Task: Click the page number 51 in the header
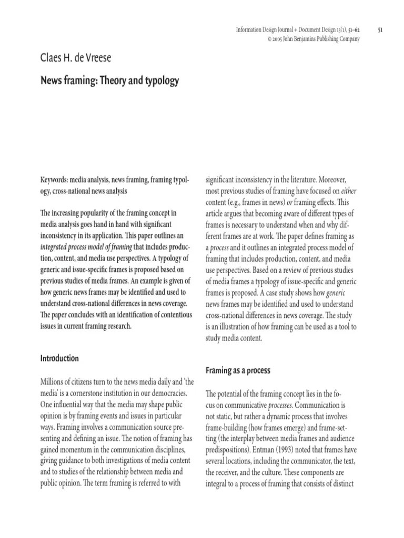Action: click(380, 30)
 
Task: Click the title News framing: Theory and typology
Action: click(109, 81)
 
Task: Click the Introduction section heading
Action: click(59, 358)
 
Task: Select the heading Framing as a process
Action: click(237, 370)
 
